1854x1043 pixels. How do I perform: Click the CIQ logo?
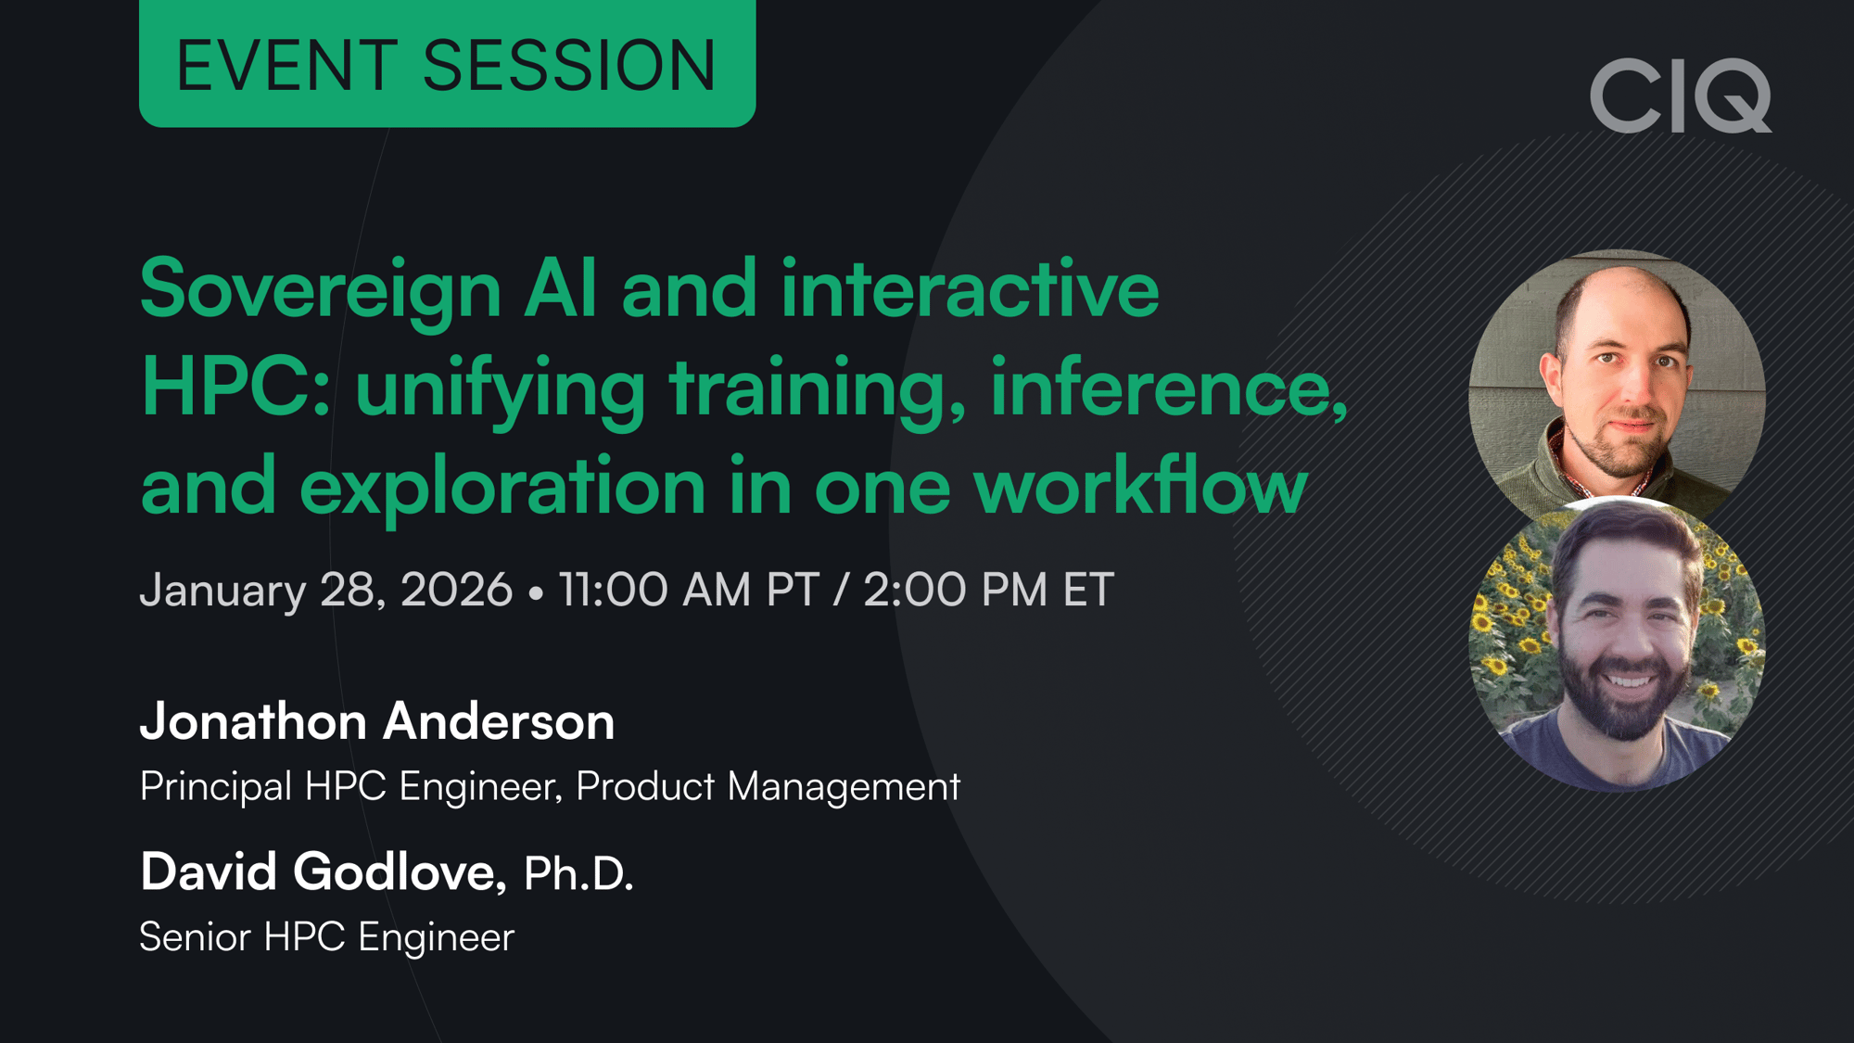(1680, 95)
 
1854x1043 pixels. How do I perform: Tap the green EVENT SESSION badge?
(447, 64)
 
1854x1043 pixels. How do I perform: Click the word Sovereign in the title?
(321, 289)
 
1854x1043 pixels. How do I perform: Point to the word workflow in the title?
(1140, 486)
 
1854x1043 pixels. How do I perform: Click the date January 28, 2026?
(325, 591)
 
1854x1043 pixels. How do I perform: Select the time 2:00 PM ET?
(988, 590)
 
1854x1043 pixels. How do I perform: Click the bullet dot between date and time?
(535, 592)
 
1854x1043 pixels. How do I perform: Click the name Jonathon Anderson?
(377, 721)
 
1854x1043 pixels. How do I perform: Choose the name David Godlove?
(323, 872)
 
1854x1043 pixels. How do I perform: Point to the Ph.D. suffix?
(578, 873)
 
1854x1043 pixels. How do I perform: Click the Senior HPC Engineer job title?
(326, 937)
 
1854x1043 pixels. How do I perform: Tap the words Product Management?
(768, 786)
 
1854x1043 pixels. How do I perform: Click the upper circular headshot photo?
(1617, 385)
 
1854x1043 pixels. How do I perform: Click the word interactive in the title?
(970, 289)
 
